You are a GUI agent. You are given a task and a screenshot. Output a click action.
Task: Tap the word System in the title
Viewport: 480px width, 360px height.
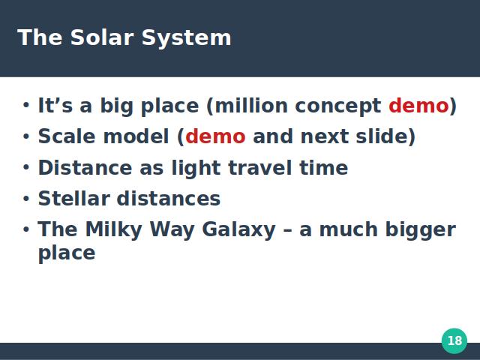click(x=187, y=39)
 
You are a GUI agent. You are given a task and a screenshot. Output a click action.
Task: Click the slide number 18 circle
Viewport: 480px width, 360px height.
click(x=454, y=340)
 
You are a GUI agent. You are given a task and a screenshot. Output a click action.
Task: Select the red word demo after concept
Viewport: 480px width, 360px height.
click(x=418, y=106)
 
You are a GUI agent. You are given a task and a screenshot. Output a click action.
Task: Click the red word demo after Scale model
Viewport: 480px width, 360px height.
click(x=215, y=136)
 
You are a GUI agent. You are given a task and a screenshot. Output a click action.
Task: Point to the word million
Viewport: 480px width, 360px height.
click(x=251, y=106)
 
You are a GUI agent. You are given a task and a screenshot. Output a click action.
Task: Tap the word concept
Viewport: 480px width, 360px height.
click(x=338, y=107)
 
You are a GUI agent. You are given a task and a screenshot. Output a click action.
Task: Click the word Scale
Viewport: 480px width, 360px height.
click(x=67, y=136)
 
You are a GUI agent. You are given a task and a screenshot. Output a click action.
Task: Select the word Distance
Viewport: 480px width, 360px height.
click(x=85, y=168)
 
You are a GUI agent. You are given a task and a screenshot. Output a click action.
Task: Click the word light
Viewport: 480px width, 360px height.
click(x=196, y=169)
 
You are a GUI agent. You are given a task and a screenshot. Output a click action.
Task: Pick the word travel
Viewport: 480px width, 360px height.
click(x=260, y=168)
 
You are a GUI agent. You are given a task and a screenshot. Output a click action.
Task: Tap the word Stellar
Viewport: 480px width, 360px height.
click(x=74, y=198)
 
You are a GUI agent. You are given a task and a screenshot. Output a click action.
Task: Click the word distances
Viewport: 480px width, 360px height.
click(x=169, y=198)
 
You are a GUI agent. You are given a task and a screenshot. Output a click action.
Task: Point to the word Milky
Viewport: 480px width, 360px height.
click(x=113, y=230)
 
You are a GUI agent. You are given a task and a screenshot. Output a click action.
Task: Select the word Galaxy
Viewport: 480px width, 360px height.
click(x=238, y=230)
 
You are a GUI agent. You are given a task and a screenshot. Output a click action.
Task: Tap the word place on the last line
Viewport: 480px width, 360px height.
click(x=67, y=254)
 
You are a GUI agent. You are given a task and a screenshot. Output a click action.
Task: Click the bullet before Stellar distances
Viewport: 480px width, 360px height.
click(x=26, y=198)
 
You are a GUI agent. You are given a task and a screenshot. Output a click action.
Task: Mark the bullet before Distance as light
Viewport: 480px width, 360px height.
click(x=26, y=167)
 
